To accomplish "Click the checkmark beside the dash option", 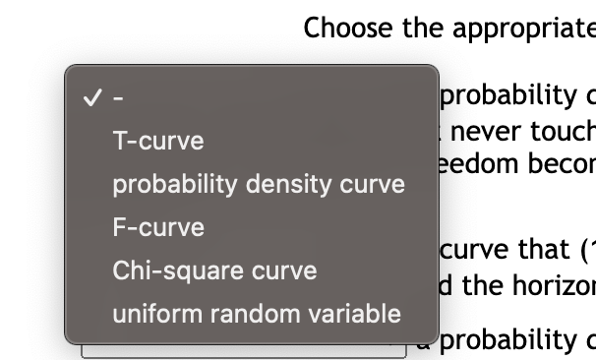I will click(x=91, y=97).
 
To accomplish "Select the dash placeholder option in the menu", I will click(x=118, y=97).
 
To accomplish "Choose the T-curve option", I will click(x=158, y=141).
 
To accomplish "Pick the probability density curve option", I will click(x=258, y=184).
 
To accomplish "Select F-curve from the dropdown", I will click(x=158, y=227).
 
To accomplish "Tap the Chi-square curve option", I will click(x=214, y=270).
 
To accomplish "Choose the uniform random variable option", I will click(x=256, y=314).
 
